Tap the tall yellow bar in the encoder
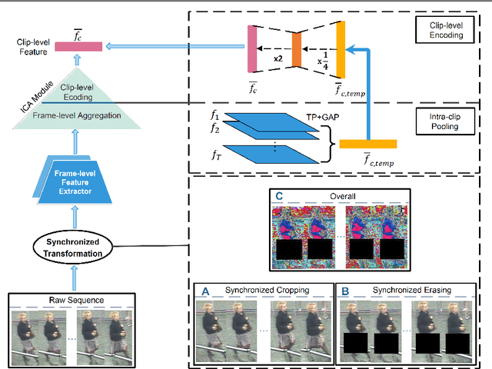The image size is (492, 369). point(341,50)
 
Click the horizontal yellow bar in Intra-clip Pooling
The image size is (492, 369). point(367,143)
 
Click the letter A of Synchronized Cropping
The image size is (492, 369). point(204,291)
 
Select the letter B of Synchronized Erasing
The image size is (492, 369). point(346,291)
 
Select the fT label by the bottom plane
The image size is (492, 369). point(216,155)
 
